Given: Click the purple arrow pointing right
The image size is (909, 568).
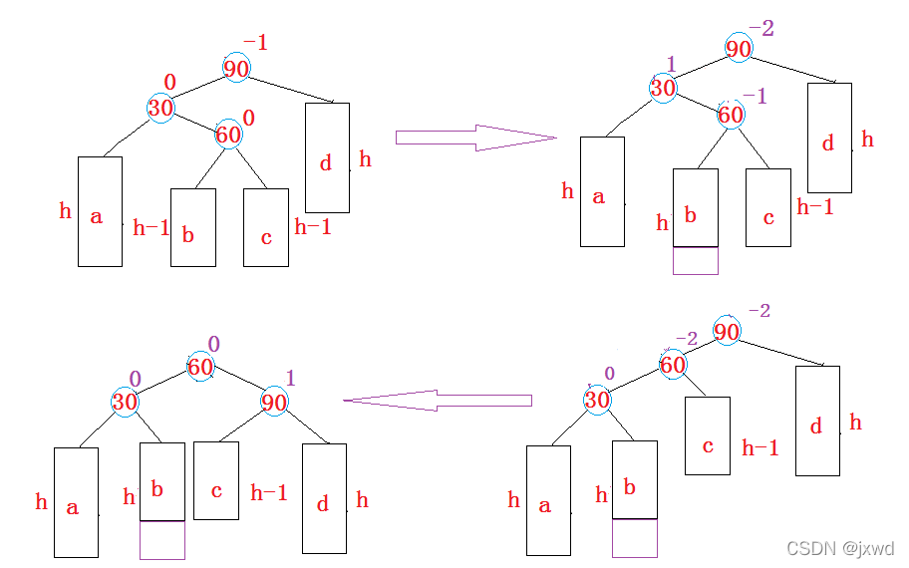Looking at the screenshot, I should tap(474, 138).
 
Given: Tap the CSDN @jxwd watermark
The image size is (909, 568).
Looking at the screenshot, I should tap(840, 548).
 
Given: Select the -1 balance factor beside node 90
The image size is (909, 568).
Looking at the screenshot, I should tap(255, 43).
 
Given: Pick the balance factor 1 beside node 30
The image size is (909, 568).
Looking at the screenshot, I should tap(671, 65).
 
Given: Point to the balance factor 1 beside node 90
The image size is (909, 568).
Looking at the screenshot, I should tap(291, 379).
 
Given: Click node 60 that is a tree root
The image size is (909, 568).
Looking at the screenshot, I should tap(200, 368).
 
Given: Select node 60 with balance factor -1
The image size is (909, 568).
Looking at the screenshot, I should tap(731, 115).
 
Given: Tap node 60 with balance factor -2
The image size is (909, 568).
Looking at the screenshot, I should tap(673, 365).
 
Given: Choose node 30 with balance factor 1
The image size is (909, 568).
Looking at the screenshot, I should tap(663, 88).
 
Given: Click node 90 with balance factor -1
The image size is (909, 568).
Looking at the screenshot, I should tap(236, 68).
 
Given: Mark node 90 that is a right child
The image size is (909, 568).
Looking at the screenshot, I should tap(274, 403).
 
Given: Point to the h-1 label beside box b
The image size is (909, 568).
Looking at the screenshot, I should tap(151, 227).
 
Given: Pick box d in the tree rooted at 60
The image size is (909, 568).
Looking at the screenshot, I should tap(324, 498).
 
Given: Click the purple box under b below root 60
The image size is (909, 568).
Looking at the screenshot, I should tap(161, 540).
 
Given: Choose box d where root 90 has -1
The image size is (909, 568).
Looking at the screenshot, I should tap(327, 157).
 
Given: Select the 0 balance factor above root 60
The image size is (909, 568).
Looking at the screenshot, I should tap(213, 345).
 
